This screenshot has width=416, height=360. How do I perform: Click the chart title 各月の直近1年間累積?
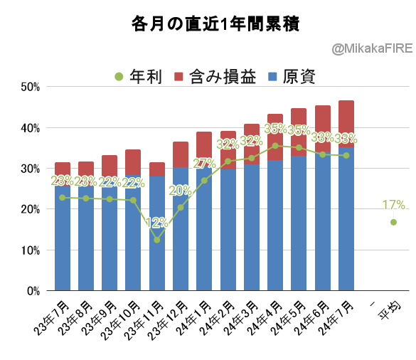pyautogui.click(x=215, y=24)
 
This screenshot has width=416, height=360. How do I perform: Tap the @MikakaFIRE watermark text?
pyautogui.click(x=372, y=49)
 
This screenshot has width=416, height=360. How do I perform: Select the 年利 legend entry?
pyautogui.click(x=138, y=76)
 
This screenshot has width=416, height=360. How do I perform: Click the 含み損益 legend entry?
pyautogui.click(x=215, y=76)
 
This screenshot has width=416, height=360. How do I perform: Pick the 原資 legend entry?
pyautogui.click(x=292, y=76)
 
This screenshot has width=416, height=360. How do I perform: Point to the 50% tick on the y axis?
pyautogui.click(x=31, y=87)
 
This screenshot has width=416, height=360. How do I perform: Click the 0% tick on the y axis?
pyautogui.click(x=33, y=291)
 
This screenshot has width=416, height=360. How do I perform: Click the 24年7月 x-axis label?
pyautogui.click(x=336, y=318)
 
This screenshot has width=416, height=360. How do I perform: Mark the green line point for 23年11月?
pyautogui.click(x=156, y=240)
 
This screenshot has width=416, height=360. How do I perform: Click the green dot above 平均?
pyautogui.click(x=393, y=222)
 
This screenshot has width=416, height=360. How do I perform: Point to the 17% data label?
pyautogui.click(x=394, y=205)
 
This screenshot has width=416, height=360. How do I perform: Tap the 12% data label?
pyautogui.click(x=156, y=223)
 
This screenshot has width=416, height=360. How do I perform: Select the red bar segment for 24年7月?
pyautogui.click(x=346, y=124)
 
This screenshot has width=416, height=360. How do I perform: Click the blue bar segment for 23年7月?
pyautogui.click(x=63, y=238)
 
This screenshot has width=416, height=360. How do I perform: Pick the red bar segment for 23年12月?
pyautogui.click(x=181, y=154)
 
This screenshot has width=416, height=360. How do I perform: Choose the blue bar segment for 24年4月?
pyautogui.click(x=275, y=225)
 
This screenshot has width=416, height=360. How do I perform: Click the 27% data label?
pyautogui.click(x=204, y=164)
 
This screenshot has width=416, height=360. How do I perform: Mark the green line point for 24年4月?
pyautogui.click(x=275, y=146)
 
